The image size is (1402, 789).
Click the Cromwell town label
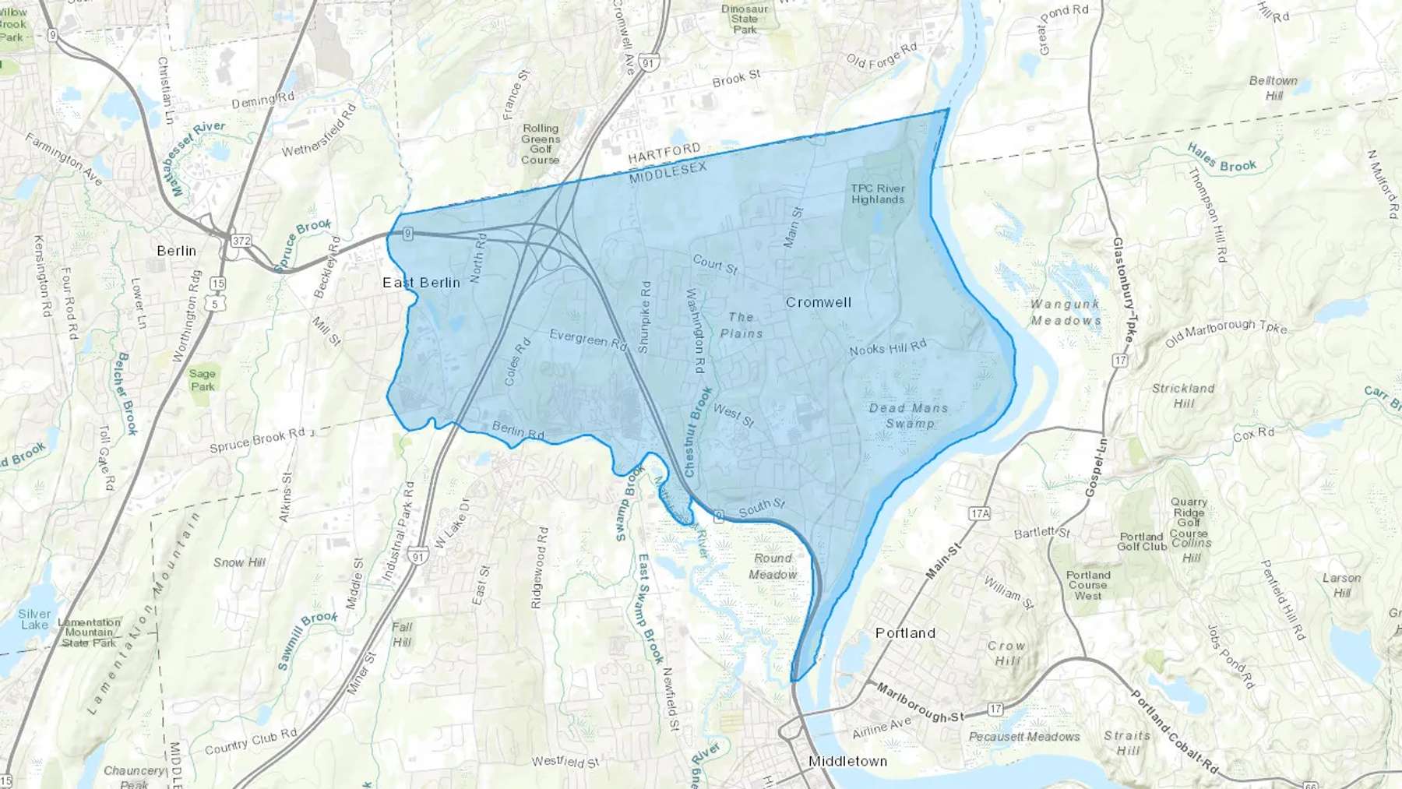[818, 302]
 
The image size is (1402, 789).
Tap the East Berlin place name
[421, 283]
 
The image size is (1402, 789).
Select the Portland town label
[905, 633]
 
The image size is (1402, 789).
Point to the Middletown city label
[847, 761]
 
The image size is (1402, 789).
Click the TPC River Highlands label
[878, 194]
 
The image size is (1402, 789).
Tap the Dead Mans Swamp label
[909, 416]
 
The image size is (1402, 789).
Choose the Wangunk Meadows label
[1066, 312]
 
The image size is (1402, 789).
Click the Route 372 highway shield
[241, 241]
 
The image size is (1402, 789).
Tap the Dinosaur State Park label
[745, 19]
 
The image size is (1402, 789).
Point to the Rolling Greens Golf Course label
[541, 144]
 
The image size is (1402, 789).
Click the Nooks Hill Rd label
[888, 347]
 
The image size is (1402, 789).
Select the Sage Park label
[203, 380]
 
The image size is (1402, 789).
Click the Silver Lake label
[34, 619]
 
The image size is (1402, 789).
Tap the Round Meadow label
[773, 566]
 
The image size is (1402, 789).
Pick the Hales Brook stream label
[1221, 157]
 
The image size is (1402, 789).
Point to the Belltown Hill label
[1273, 88]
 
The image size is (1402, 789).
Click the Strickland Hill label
[1183, 396]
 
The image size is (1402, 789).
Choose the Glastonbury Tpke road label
[1122, 291]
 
